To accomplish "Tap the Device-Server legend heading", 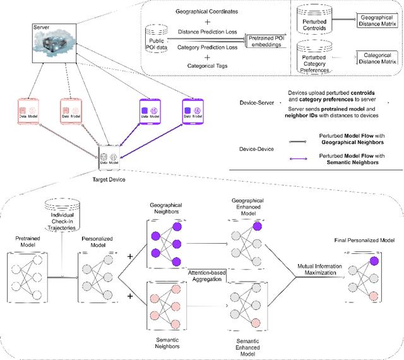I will tap(256, 102).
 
